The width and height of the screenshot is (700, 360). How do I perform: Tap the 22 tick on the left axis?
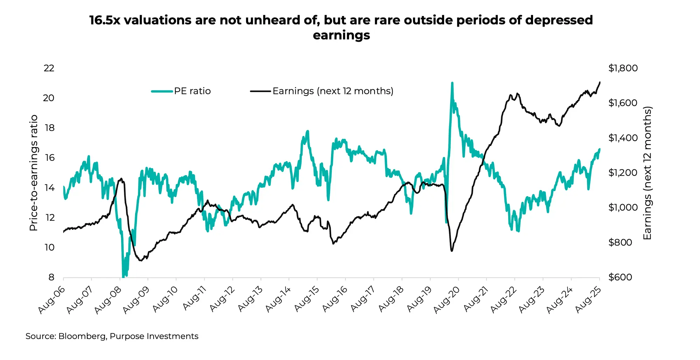point(49,68)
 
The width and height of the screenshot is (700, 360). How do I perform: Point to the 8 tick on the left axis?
point(51,277)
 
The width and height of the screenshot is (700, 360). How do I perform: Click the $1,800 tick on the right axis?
point(623,68)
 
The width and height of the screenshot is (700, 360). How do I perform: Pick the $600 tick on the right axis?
point(620,277)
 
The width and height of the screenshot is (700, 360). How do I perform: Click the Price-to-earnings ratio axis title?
point(34,173)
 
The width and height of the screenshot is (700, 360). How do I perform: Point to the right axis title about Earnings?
point(647,173)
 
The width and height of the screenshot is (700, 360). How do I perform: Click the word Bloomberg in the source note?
point(82,336)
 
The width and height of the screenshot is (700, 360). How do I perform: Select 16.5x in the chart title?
point(105,20)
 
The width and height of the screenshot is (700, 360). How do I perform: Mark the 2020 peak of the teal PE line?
point(452,83)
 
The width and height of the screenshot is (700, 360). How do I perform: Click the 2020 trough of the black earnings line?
point(452,251)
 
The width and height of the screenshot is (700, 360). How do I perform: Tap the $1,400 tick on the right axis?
point(623,138)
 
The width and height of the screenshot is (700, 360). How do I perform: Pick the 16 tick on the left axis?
point(49,158)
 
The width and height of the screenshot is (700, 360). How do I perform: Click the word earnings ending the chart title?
point(341,35)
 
